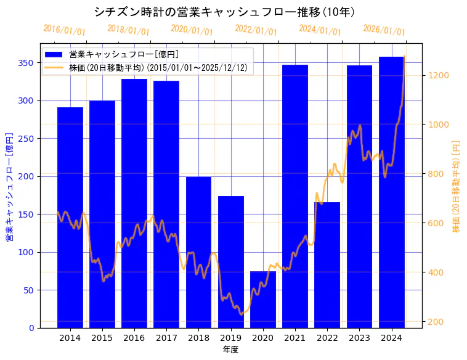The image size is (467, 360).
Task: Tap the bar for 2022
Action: pyautogui.click(x=327, y=265)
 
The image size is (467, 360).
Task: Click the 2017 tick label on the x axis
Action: pyautogui.click(x=166, y=338)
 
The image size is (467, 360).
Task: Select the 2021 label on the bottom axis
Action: pyautogui.click(x=295, y=338)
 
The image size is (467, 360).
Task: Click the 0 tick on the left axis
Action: pyautogui.click(x=31, y=328)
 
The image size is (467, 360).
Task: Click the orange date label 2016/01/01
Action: pyautogui.click(x=65, y=30)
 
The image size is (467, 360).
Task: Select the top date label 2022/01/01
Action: pyautogui.click(x=256, y=30)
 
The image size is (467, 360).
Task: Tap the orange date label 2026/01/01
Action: pyautogui.click(x=384, y=30)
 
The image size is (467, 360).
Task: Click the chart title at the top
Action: pyautogui.click(x=224, y=12)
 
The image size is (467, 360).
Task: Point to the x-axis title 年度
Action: pyautogui.click(x=231, y=350)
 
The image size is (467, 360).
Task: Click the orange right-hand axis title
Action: pyautogui.click(x=457, y=186)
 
